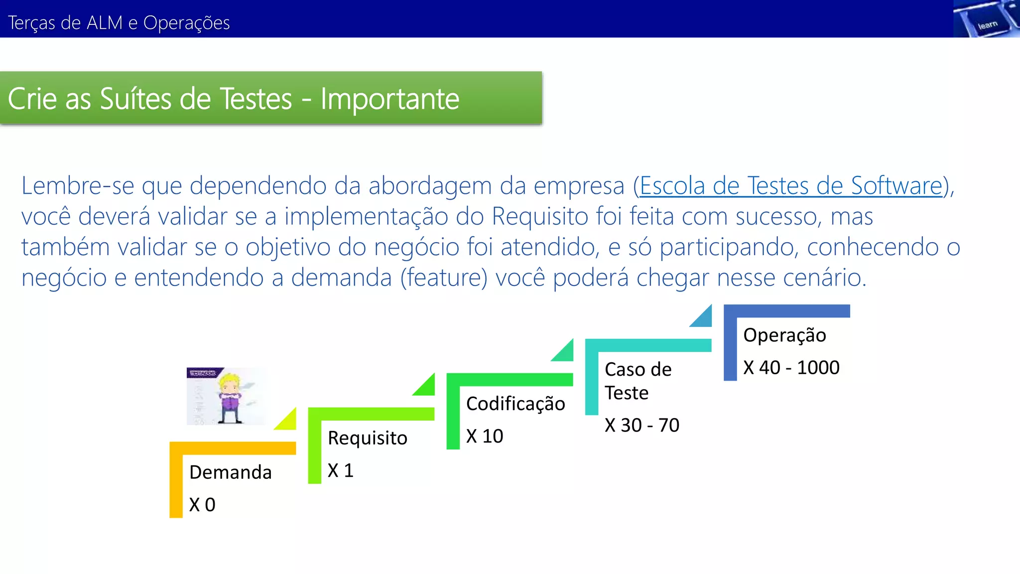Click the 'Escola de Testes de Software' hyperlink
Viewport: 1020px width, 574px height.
coord(791,186)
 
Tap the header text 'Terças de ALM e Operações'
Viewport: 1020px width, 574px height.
coord(119,23)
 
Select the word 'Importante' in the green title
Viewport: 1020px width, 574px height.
coord(389,99)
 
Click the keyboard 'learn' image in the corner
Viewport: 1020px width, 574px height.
coord(986,19)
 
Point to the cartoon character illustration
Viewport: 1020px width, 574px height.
coord(226,397)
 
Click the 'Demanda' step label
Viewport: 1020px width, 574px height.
coord(231,472)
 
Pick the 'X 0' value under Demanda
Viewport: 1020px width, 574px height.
coord(202,505)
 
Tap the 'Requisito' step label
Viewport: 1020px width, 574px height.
coord(368,438)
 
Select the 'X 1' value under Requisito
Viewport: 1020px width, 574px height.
coord(341,470)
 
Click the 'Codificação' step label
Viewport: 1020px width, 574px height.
coord(515,404)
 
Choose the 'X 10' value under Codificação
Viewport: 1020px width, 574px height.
coord(485,436)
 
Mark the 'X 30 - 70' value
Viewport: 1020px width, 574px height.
coord(642,425)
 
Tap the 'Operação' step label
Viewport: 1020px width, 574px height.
coord(784,335)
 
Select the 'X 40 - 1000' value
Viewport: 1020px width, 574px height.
coord(791,368)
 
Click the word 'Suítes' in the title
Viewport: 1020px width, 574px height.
coord(135,99)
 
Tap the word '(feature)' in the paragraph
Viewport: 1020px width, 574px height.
coord(444,278)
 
